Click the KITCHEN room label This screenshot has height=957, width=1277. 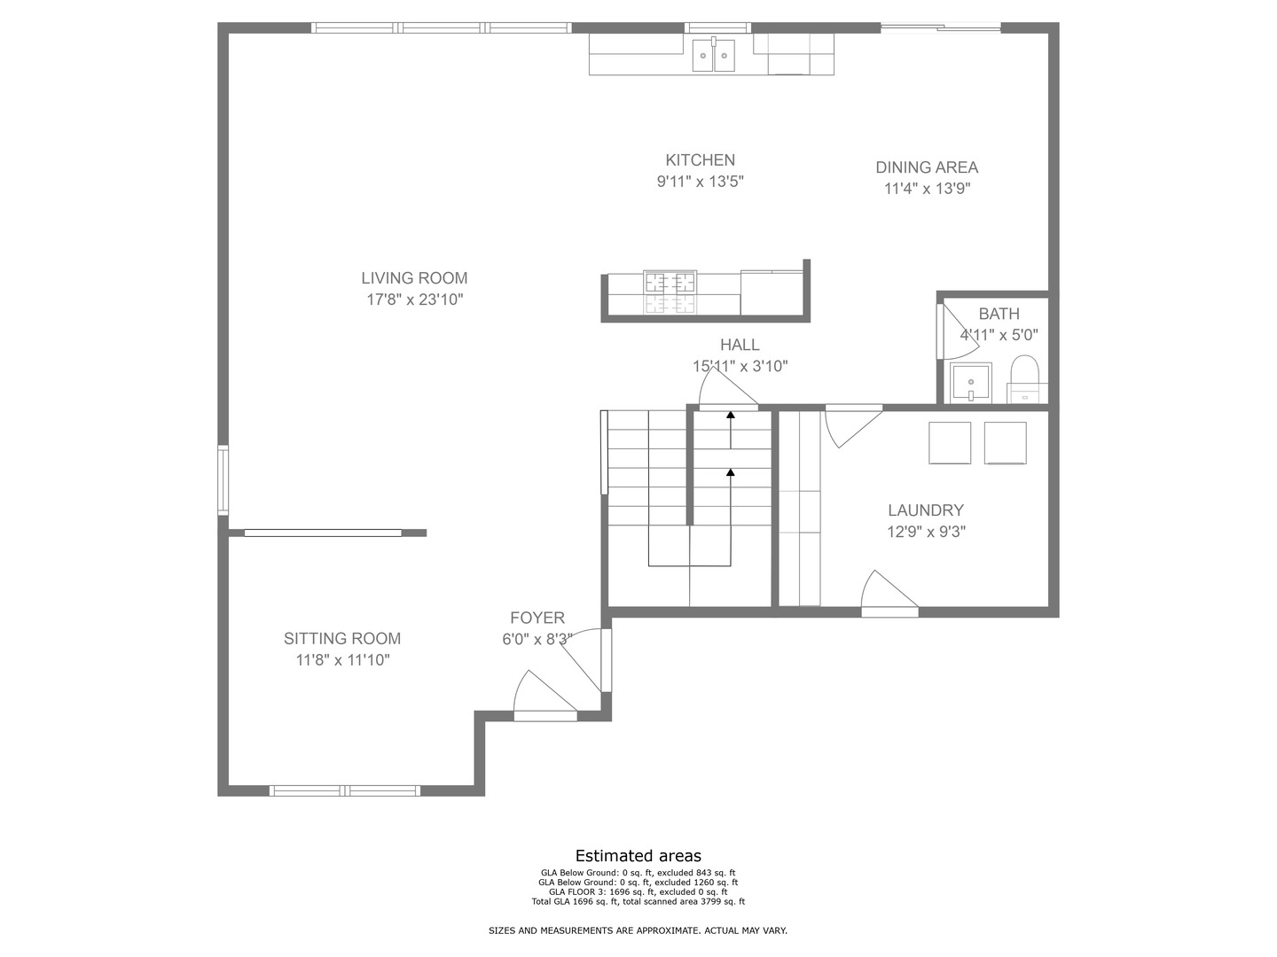tap(700, 160)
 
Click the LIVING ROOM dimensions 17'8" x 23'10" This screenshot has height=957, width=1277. tap(414, 300)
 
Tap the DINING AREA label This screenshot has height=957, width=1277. tap(927, 167)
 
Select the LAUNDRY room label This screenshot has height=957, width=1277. tap(925, 510)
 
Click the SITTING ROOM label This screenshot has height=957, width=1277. tap(341, 639)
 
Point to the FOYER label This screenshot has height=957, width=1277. tap(537, 619)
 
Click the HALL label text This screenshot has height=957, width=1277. tap(739, 346)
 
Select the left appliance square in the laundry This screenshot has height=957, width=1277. tap(949, 443)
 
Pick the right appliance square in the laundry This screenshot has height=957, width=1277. tap(1005, 443)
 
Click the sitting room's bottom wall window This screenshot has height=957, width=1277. tap(344, 790)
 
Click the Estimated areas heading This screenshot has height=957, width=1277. tap(638, 856)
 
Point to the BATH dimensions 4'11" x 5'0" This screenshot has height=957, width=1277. tap(999, 336)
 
